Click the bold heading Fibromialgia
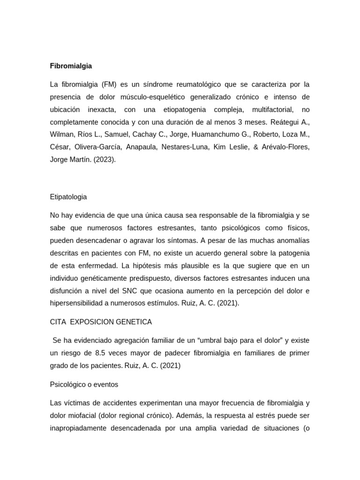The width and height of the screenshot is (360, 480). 71,66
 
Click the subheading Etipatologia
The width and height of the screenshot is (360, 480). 68,197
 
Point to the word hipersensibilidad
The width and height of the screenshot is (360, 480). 78,303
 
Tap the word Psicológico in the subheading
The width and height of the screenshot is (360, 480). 67,384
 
